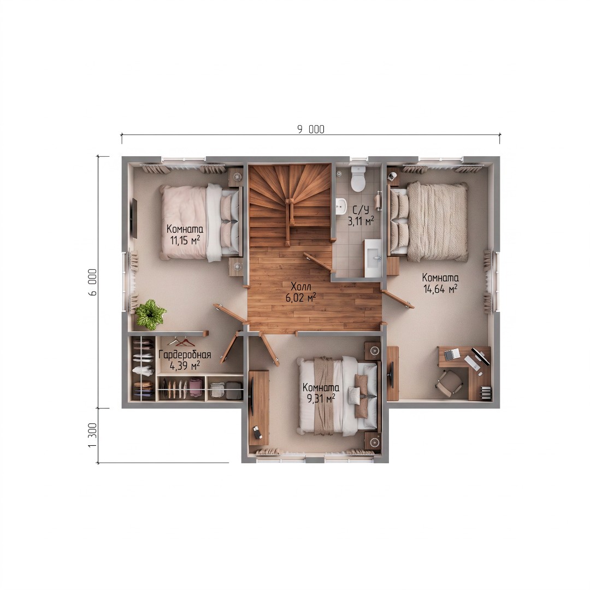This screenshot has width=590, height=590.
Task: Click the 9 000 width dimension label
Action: pos(311,129)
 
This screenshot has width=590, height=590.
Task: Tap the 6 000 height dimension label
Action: pos(92,282)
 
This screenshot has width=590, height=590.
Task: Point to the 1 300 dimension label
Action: pos(92,435)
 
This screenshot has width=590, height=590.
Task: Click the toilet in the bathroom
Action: pos(358,177)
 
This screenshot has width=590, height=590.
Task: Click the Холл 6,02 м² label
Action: pos(300,292)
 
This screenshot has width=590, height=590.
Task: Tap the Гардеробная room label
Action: pos(185,355)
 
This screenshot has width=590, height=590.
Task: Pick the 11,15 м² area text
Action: pos(185,240)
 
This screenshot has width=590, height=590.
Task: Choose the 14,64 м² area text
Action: pos(441,289)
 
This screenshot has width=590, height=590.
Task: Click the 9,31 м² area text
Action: pos(321,398)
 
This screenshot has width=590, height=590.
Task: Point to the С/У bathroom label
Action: pos(361,210)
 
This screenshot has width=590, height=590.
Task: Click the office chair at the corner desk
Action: pos(450,382)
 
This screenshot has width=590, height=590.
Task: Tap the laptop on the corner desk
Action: pos(452,353)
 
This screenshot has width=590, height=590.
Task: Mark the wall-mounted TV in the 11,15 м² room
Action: pos(134,219)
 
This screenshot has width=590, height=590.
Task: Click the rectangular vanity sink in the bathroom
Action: pos(373,258)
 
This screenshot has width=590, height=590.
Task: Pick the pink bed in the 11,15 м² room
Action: pos(200,222)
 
